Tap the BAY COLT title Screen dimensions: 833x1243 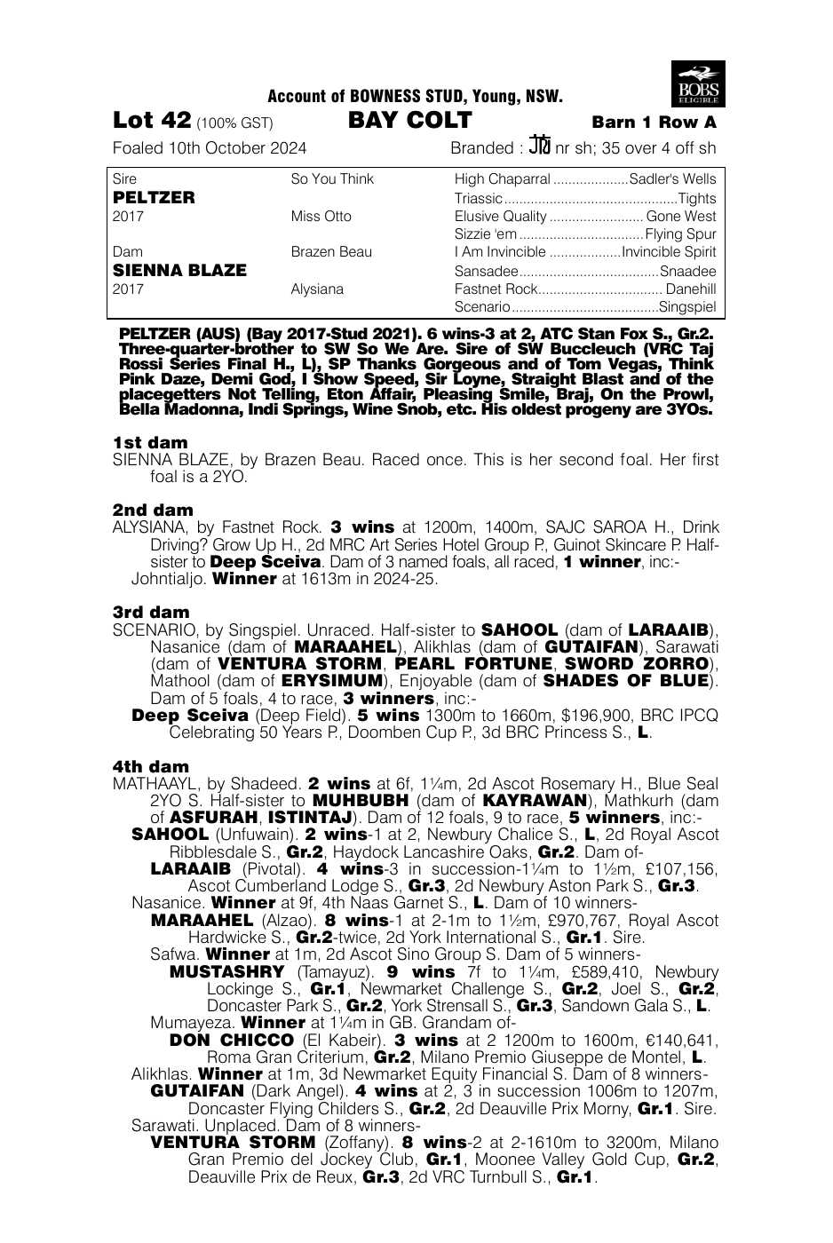tap(409, 121)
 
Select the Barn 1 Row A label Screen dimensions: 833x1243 tap(654, 123)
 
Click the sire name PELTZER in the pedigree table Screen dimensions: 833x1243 tap(155, 197)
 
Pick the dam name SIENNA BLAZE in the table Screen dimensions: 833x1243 tap(179, 270)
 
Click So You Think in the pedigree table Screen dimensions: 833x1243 tap(332, 179)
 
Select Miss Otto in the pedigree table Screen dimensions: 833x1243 tap(321, 217)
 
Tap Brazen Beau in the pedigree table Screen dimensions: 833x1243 tap(331, 252)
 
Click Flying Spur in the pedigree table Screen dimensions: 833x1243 tap(680, 235)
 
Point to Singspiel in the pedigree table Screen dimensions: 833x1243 tap(687, 307)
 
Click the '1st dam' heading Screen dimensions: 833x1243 tap(150, 442)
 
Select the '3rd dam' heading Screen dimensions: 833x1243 tap(152, 612)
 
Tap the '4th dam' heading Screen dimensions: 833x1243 tap(151, 766)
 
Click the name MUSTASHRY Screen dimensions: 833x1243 tap(226, 972)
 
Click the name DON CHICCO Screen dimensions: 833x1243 tap(231, 1040)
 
